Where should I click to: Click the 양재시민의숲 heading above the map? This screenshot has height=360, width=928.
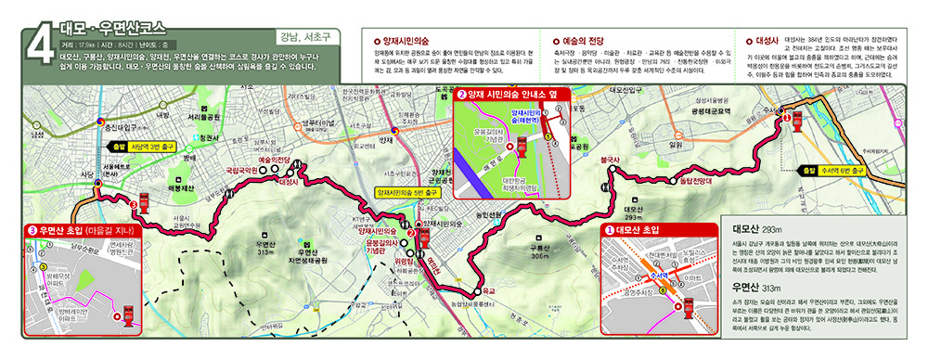tap(396, 41)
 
